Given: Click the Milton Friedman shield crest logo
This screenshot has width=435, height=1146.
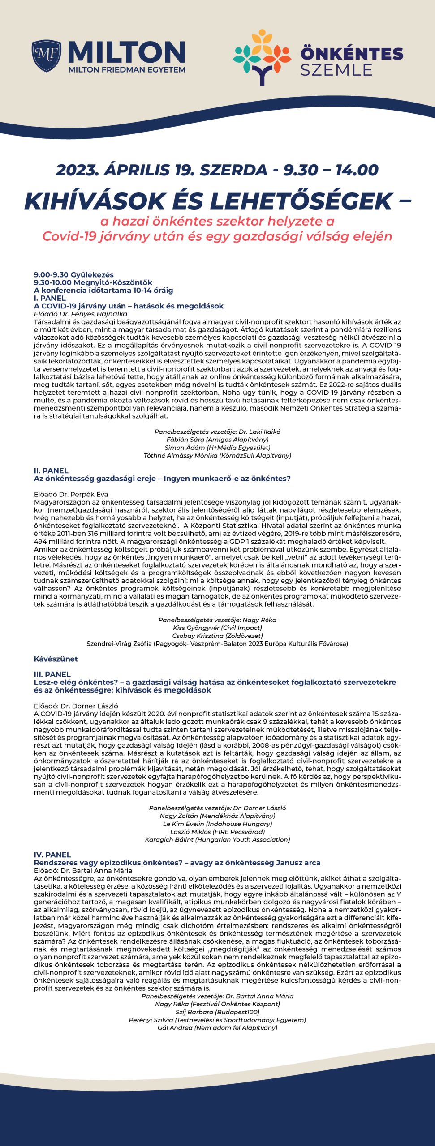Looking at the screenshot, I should coord(47,56).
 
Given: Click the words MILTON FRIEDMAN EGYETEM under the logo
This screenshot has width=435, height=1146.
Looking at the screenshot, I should coord(127,70).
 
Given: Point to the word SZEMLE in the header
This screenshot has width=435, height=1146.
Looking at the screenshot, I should coord(336,70).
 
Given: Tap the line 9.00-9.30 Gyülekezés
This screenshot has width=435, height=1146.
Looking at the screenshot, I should coord(74,274).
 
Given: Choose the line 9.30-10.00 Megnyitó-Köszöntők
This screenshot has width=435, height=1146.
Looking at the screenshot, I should coord(93,282).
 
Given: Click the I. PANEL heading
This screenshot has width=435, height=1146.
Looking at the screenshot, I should coord(50,298).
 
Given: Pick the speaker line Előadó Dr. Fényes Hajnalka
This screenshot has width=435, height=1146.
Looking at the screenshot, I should coord(81,314).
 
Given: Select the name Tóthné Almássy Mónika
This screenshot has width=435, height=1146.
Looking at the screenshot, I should coord(217,455).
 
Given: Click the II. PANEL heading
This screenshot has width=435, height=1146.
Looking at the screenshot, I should coord(51,470).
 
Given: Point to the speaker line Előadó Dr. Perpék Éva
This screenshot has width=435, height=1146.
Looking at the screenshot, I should coord(71,494).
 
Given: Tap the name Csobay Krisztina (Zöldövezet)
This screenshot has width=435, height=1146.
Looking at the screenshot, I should coord(217,636).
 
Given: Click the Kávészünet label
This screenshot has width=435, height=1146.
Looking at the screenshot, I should coord(56,659).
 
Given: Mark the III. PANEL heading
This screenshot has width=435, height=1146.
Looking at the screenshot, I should coord(52,674).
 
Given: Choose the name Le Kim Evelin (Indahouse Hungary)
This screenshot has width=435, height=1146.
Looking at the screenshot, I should coord(217,824).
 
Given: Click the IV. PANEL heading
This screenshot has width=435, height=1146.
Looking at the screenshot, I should coord(52,855).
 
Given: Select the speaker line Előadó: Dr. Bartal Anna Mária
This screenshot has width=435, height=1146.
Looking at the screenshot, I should coord(83,870).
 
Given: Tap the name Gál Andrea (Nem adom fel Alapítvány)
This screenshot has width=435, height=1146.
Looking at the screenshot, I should coord(217,1028).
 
